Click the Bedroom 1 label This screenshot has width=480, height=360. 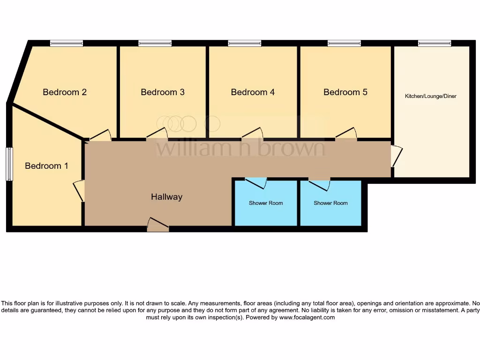point(46,166)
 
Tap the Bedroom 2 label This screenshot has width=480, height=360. point(65,92)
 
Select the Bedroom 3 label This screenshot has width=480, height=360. point(163,92)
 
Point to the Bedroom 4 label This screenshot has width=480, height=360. point(253,92)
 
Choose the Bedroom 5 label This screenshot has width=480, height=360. point(345,92)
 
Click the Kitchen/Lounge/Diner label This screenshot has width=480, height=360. point(431,96)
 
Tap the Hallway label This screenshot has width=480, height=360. point(166,197)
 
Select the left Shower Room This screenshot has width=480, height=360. point(266,203)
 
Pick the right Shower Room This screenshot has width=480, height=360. point(330,203)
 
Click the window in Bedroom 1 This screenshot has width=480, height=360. point(9,164)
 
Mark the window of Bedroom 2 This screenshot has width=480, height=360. point(67,44)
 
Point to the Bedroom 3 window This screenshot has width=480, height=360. point(155,44)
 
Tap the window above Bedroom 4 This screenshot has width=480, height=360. point(245,44)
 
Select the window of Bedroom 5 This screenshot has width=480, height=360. point(344,44)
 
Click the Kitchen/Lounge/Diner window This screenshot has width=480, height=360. point(435,44)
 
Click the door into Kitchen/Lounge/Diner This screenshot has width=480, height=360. point(396,156)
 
